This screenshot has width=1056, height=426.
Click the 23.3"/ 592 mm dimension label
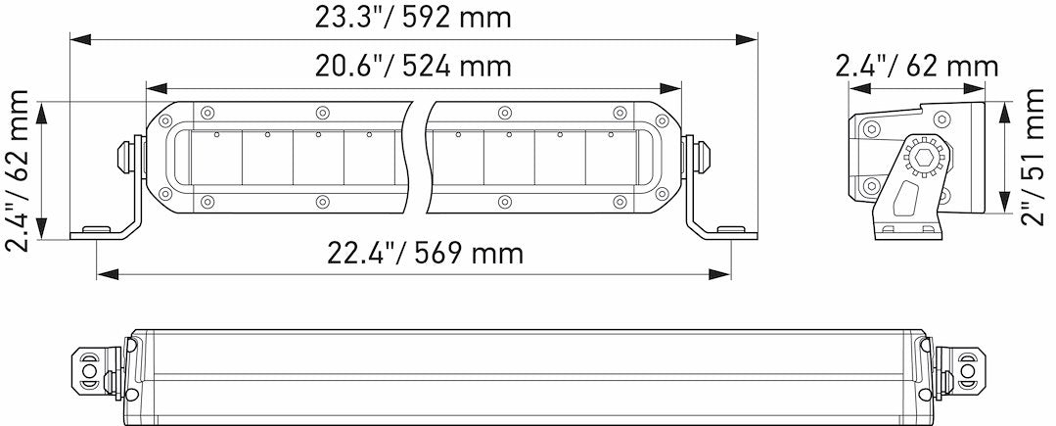pos(412,19)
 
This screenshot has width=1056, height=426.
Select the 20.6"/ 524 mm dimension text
pos(412,67)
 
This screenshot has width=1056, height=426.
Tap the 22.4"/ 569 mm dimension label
pos(424,254)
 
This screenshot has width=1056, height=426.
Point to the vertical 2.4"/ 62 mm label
pos(19,169)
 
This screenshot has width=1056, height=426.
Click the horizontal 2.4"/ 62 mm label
pos(917,67)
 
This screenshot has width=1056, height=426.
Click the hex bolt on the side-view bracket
pos(922,156)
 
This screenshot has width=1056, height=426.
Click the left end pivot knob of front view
pos(127,154)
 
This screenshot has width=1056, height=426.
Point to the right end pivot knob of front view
pos(701,154)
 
